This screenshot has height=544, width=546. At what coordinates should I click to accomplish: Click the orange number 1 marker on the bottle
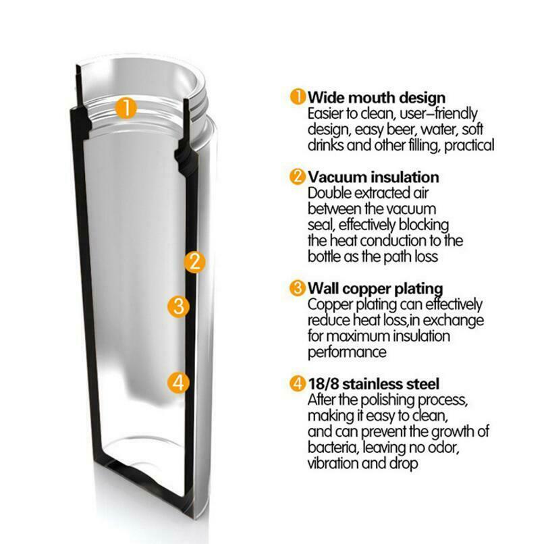coord(126,107)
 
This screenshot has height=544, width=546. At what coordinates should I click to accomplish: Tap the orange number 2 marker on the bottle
coord(194,262)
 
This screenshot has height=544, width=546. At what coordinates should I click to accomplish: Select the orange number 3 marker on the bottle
coord(178,306)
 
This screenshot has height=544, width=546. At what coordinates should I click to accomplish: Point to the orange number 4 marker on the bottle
coord(178,383)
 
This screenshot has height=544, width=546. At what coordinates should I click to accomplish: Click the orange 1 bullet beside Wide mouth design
coord(298,96)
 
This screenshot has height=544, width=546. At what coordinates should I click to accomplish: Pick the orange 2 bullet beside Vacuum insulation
coord(298,176)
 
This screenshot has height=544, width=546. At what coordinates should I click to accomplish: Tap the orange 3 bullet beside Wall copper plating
coord(298,288)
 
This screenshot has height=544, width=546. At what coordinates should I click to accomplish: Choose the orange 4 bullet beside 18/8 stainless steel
coord(298,384)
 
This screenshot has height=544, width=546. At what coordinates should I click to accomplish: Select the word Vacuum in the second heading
coord(337,178)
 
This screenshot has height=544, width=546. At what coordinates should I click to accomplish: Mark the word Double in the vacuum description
coord(329,193)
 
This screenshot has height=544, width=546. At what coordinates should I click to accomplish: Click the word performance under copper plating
coord(347,352)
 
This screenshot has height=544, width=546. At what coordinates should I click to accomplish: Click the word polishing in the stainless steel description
coord(387,400)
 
